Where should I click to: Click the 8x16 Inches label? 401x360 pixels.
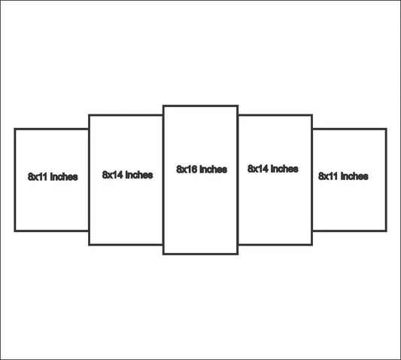click(202, 169)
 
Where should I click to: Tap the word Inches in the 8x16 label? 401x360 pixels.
click(213, 169)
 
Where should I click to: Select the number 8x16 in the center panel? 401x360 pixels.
click(187, 169)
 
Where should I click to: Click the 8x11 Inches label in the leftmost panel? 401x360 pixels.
click(53, 177)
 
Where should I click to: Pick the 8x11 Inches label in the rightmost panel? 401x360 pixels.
click(343, 176)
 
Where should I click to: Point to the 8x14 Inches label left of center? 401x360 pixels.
click(127, 175)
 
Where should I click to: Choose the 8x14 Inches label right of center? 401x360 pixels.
click(273, 169)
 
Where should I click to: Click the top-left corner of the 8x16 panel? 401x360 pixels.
click(163, 105)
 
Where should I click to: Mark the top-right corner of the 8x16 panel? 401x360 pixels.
click(238, 105)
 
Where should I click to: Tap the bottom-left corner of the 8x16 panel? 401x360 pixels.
click(163, 255)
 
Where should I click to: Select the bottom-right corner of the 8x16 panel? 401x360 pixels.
click(238, 255)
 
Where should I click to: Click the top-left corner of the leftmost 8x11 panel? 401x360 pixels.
click(15, 129)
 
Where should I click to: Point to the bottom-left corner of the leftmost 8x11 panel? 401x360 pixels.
click(15, 231)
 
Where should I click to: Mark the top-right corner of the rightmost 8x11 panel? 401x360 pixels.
click(386, 129)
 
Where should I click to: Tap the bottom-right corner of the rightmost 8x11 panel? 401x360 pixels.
click(386, 231)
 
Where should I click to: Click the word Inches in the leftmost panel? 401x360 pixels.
click(64, 177)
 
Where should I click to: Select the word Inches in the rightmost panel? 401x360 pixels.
click(354, 176)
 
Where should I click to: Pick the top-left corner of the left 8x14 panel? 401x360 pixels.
click(89, 115)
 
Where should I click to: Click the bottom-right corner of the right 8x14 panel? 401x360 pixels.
click(312, 245)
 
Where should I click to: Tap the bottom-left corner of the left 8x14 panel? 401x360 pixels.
click(89, 245)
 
